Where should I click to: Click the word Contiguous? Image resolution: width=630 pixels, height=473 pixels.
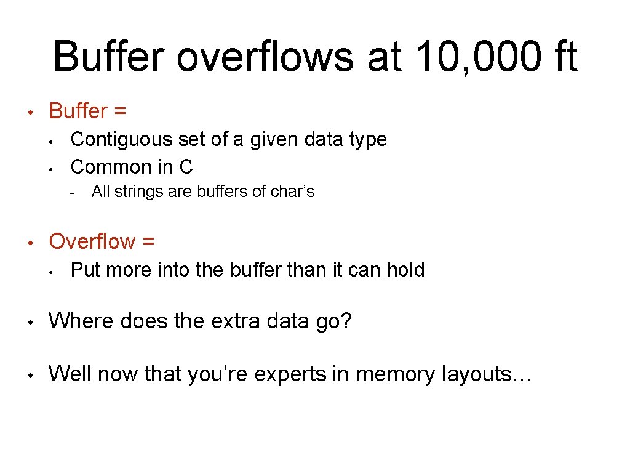pyautogui.click(x=122, y=139)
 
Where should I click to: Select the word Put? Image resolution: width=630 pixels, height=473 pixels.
pyautogui.click(x=86, y=270)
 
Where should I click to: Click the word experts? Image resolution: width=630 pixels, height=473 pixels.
pyautogui.click(x=287, y=374)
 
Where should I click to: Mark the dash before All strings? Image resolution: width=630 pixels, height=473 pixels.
pyautogui.click(x=72, y=193)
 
